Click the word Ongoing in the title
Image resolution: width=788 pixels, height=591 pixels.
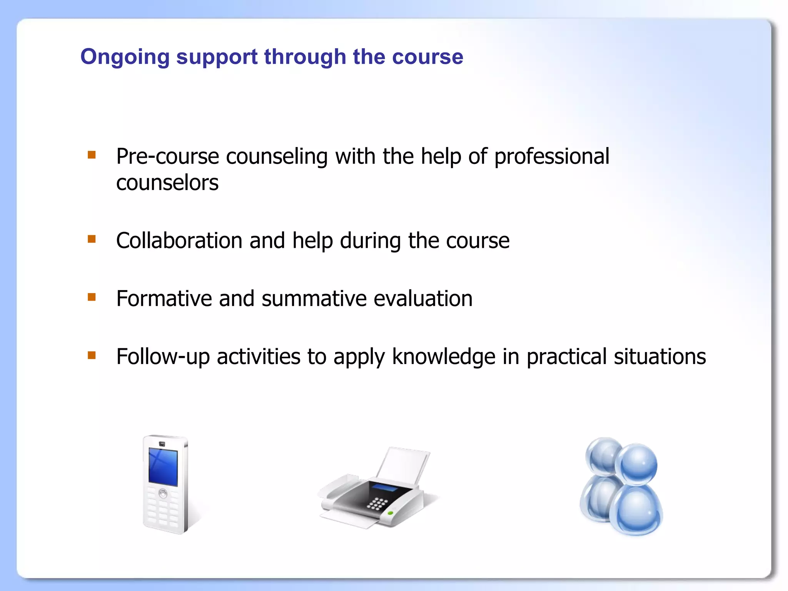125,57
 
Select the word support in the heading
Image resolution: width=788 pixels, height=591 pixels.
217,57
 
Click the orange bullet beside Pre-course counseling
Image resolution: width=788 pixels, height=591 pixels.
92,155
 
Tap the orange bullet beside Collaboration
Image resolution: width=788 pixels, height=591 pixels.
92,239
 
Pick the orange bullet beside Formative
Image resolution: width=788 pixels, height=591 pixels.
92,297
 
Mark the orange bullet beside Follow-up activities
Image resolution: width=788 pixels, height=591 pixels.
92,355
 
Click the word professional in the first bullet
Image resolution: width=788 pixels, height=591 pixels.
551,157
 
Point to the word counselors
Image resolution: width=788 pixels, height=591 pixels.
167,183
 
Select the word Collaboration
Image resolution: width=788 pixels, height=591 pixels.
179,241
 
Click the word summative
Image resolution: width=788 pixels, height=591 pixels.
314,299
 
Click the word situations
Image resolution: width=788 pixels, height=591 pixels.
659,357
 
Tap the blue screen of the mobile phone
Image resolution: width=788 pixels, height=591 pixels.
163,466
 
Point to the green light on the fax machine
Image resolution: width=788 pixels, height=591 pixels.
390,513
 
